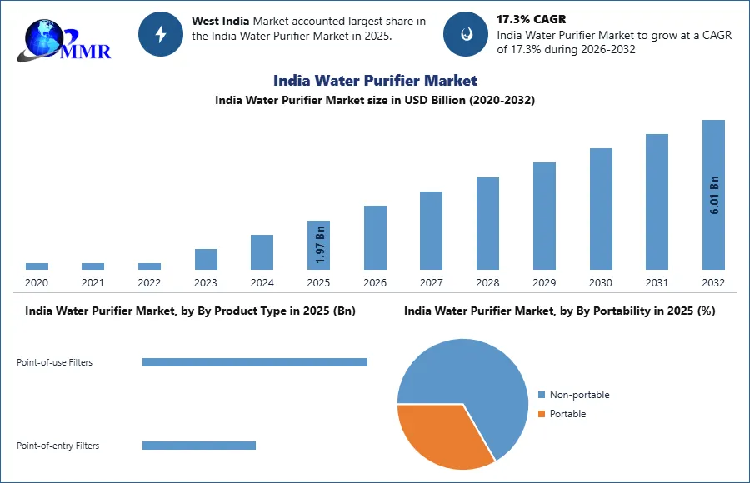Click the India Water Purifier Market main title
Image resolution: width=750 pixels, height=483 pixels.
pos(375,80)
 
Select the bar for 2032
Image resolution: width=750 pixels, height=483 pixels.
pos(713,195)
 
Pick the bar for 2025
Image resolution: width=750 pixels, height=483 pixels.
pos(318,245)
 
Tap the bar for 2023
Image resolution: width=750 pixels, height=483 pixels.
pos(206,259)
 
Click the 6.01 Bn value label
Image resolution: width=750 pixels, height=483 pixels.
pos(714,197)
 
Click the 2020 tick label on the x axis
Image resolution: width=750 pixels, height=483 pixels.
pos(37,283)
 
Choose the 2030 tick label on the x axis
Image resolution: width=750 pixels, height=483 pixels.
pos(600,283)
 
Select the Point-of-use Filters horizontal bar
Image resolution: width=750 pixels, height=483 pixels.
pos(255,362)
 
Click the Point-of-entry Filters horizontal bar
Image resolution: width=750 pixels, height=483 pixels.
pos(199,446)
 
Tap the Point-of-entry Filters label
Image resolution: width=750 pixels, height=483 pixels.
pos(57,446)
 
